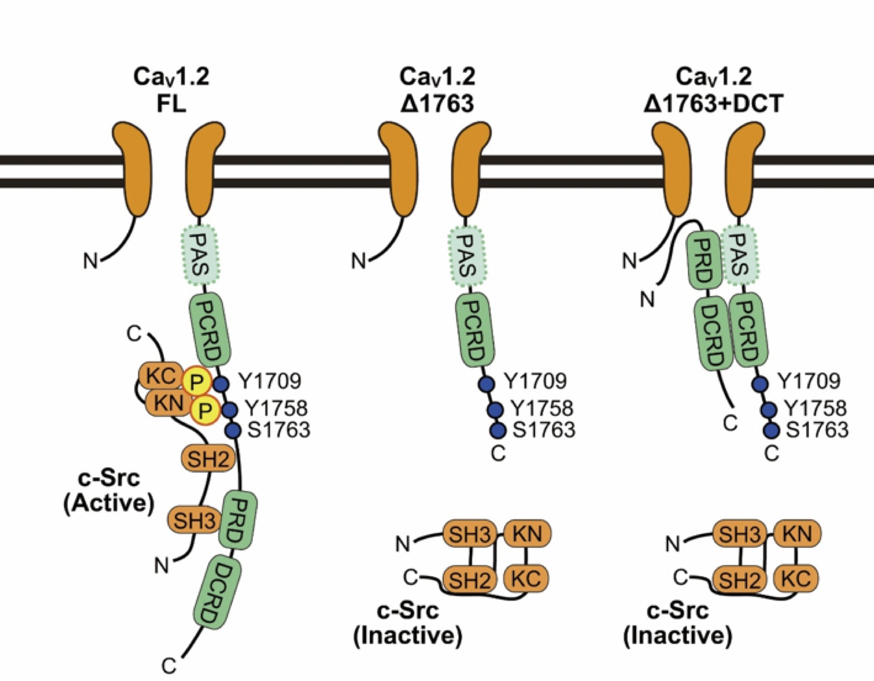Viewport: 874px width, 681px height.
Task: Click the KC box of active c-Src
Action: pyautogui.click(x=161, y=376)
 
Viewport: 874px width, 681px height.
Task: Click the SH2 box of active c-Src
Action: pyautogui.click(x=208, y=458)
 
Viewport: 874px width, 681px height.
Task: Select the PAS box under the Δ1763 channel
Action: pyautogui.click(x=467, y=256)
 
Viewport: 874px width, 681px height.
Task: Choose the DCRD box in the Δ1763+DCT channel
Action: pyautogui.click(x=713, y=333)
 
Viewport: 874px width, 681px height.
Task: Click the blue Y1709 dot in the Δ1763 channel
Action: pyautogui.click(x=486, y=384)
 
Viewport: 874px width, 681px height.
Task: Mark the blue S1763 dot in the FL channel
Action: pyautogui.click(x=233, y=431)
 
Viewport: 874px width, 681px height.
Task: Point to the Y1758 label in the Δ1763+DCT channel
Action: pyautogui.click(x=815, y=409)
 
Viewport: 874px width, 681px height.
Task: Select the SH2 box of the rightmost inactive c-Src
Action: pyautogui.click(x=740, y=580)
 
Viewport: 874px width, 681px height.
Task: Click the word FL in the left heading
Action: pyautogui.click(x=172, y=104)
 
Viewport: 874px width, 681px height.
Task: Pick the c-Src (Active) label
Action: pyautogui.click(x=109, y=491)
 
